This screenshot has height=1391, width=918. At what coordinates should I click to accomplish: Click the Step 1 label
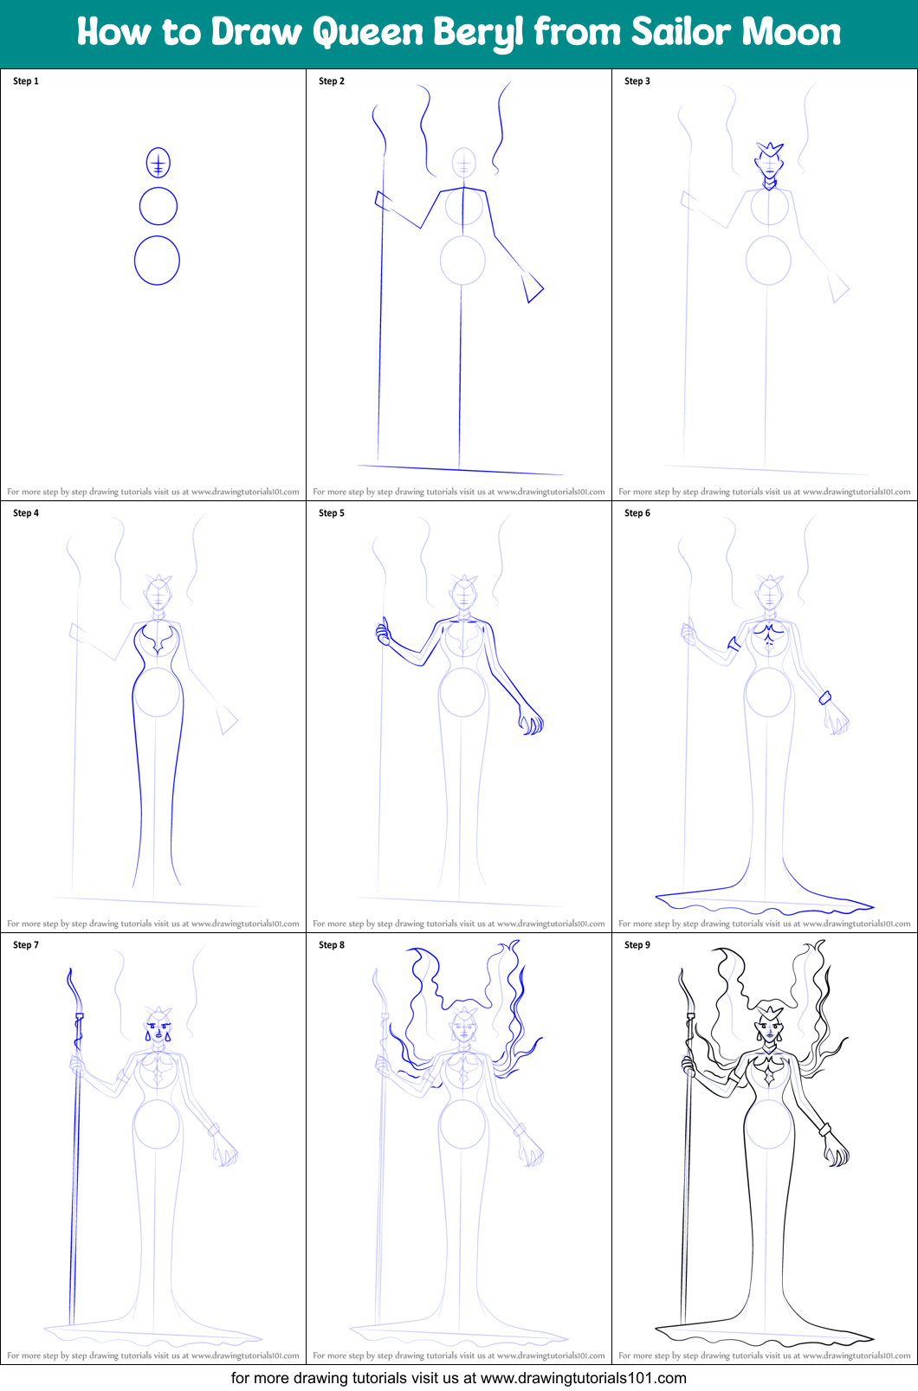[x=26, y=81]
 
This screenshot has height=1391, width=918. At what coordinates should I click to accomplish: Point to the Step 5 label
[x=332, y=513]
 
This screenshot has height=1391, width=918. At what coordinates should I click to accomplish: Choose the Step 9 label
[x=637, y=945]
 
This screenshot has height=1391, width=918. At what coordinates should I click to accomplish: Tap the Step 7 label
[x=26, y=945]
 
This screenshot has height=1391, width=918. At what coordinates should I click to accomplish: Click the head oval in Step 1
[x=158, y=163]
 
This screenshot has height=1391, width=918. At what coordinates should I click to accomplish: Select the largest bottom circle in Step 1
[x=157, y=261]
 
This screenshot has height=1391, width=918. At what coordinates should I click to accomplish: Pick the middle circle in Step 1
[x=158, y=207]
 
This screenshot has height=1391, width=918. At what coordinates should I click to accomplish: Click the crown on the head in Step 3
[x=769, y=151]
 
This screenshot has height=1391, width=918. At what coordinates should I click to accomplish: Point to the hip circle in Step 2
[x=462, y=260]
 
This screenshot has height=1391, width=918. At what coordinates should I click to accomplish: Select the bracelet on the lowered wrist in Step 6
[x=825, y=698]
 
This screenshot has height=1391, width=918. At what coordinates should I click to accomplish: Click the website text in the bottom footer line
[x=583, y=1378]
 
